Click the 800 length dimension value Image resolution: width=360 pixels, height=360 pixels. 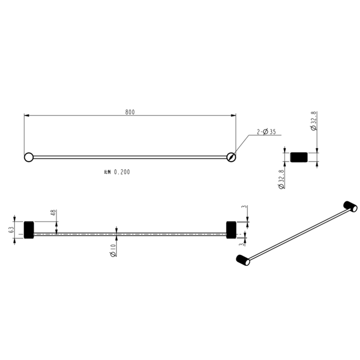click(x=130, y=112)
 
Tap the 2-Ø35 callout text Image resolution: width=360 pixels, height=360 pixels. click(x=266, y=132)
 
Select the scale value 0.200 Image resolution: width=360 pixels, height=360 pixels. click(x=122, y=172)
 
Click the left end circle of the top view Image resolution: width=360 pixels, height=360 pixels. click(x=29, y=157)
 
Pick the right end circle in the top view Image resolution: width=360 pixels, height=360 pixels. click(x=231, y=157)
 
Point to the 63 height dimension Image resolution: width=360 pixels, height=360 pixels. click(x=11, y=230)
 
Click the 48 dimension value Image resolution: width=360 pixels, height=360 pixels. click(x=53, y=212)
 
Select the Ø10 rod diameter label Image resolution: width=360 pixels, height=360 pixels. click(x=113, y=250)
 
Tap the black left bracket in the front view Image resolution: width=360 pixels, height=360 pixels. click(x=29, y=230)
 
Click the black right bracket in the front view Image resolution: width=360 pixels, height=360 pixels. click(x=231, y=230)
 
